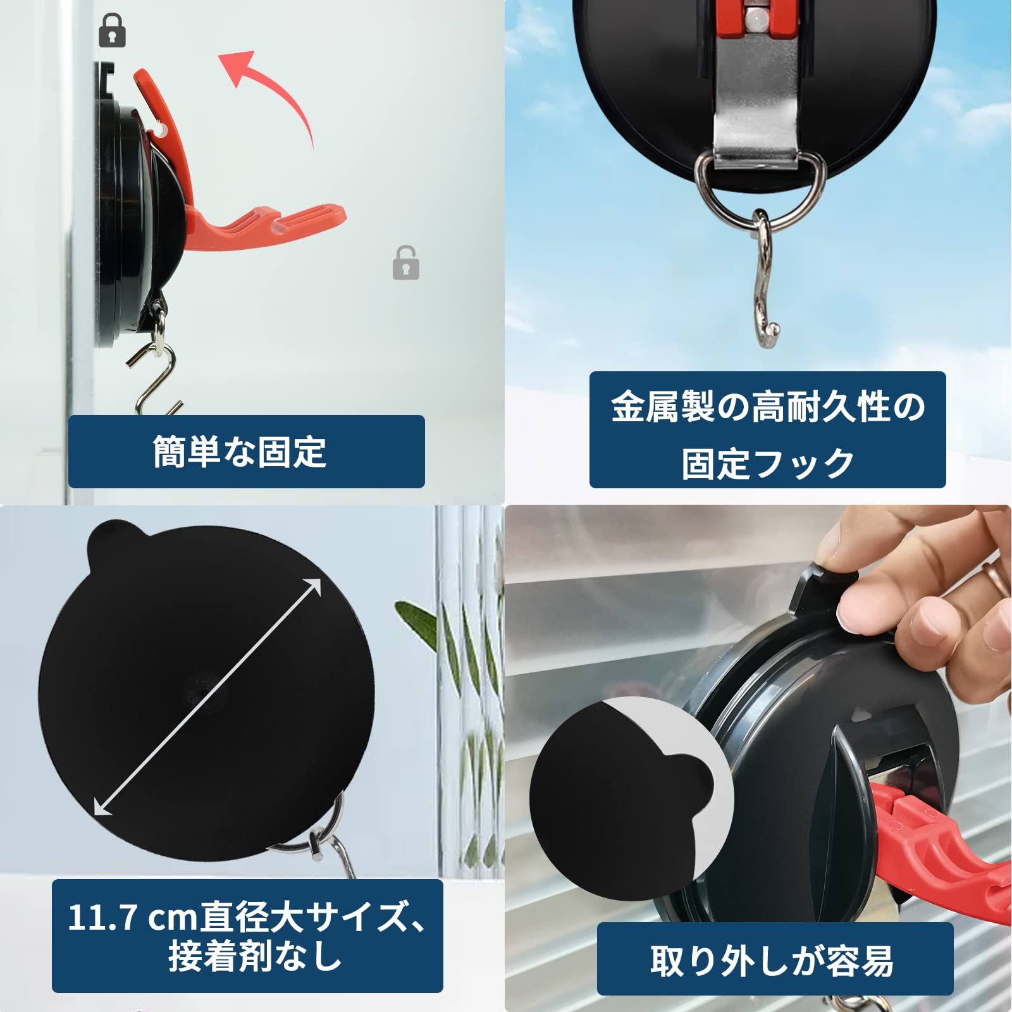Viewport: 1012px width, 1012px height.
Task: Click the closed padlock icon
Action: point(113,32)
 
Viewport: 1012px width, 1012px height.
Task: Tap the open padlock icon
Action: point(406,263)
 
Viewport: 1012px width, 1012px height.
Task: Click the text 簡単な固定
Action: point(240,452)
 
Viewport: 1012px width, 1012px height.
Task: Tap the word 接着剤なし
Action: point(255,955)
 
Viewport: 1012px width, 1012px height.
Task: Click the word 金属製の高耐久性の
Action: point(768,407)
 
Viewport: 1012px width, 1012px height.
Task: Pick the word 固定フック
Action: point(768,463)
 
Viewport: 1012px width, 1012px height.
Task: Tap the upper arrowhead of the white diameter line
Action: point(314,586)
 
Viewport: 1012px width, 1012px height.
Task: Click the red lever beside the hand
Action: point(936,841)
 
